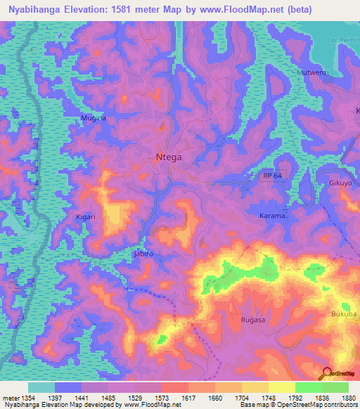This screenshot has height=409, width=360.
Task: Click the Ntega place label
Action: [168, 157]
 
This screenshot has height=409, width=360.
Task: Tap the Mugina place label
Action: [94, 119]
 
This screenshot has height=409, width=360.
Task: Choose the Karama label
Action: [272, 216]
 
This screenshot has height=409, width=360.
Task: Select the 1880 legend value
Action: [348, 397]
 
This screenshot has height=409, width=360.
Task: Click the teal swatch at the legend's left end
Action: [41, 387]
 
